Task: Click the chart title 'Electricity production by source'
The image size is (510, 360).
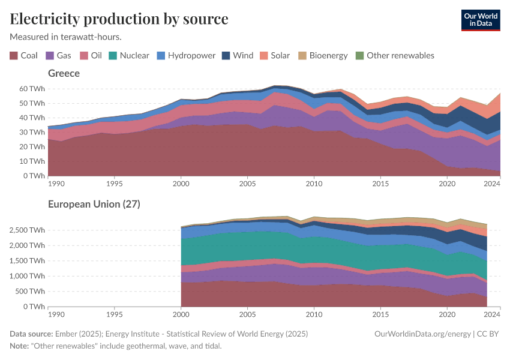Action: tap(119, 19)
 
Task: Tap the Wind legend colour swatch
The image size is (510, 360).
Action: tap(226, 55)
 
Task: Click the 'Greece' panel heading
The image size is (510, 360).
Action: tap(64, 73)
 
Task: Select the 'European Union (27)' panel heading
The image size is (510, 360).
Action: tap(94, 204)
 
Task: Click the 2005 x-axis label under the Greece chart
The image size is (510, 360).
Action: tap(247, 182)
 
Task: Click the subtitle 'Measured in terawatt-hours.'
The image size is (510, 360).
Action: tap(66, 37)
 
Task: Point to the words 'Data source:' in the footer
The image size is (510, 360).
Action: tap(31, 334)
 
